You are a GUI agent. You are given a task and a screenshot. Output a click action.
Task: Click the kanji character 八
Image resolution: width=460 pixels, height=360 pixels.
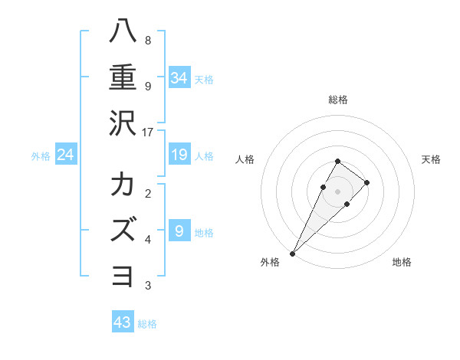click(123, 31)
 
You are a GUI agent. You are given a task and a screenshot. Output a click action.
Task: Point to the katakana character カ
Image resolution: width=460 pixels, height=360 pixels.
click(123, 185)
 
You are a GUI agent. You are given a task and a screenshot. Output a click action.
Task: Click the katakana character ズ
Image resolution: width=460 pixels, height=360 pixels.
click(123, 230)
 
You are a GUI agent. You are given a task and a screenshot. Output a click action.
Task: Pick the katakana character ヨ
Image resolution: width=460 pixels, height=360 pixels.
click(123, 276)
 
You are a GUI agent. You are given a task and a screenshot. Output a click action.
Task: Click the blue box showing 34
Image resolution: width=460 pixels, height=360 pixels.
click(179, 77)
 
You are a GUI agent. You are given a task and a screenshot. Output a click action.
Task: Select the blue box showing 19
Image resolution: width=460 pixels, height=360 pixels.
click(179, 155)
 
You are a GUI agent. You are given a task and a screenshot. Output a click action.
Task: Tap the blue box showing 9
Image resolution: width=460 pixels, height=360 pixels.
click(179, 231)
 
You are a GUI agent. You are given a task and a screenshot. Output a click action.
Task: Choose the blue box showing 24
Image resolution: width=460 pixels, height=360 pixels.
click(66, 155)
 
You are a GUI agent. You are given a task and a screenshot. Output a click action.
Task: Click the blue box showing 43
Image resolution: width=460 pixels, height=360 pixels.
click(123, 322)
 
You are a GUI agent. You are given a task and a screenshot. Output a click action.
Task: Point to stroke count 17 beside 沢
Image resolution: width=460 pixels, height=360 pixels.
click(148, 133)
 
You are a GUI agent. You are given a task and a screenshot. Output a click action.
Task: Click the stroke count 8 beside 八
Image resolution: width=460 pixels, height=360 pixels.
click(148, 41)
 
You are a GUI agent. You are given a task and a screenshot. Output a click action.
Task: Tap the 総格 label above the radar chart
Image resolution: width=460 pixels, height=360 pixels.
click(337, 100)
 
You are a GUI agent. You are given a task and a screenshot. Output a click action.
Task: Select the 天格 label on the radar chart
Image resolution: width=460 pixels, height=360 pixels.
click(431, 159)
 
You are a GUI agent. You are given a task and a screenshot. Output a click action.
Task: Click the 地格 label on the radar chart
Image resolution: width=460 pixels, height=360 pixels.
click(402, 262)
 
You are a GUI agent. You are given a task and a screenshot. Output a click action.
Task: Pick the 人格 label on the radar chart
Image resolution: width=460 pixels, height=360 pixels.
click(245, 159)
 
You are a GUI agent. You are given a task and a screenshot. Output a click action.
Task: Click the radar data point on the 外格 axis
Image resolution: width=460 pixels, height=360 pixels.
click(292, 253)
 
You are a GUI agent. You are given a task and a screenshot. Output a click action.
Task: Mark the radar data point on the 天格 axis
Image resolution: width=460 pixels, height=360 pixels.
click(367, 182)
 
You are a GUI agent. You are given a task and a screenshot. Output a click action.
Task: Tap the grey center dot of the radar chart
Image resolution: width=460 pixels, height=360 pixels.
click(337, 191)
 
